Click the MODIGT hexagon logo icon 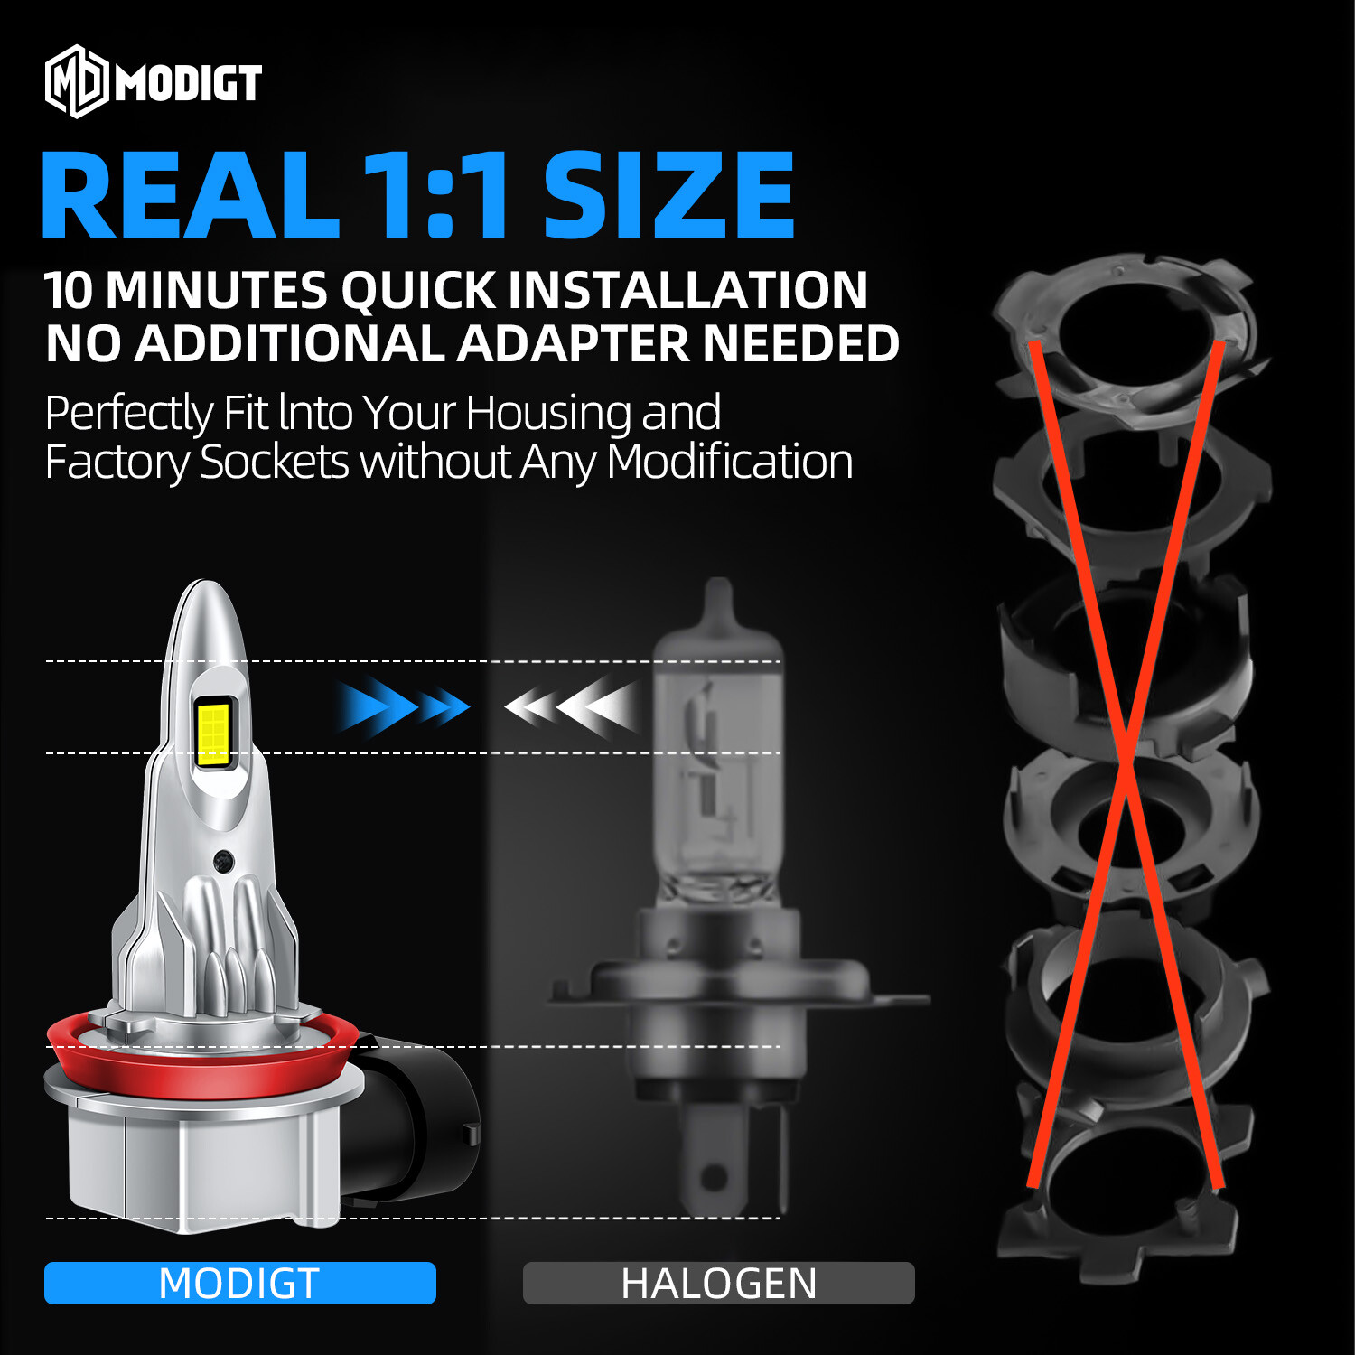[77, 82]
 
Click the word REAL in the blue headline [190, 196]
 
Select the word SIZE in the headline [668, 196]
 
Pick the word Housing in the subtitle [548, 413]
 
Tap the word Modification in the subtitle [729, 463]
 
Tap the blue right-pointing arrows [402, 706]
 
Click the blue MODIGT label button [239, 1283]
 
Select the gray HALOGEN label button [718, 1283]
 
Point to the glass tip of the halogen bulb [718, 601]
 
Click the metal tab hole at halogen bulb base [714, 1178]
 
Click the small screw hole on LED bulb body [223, 861]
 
